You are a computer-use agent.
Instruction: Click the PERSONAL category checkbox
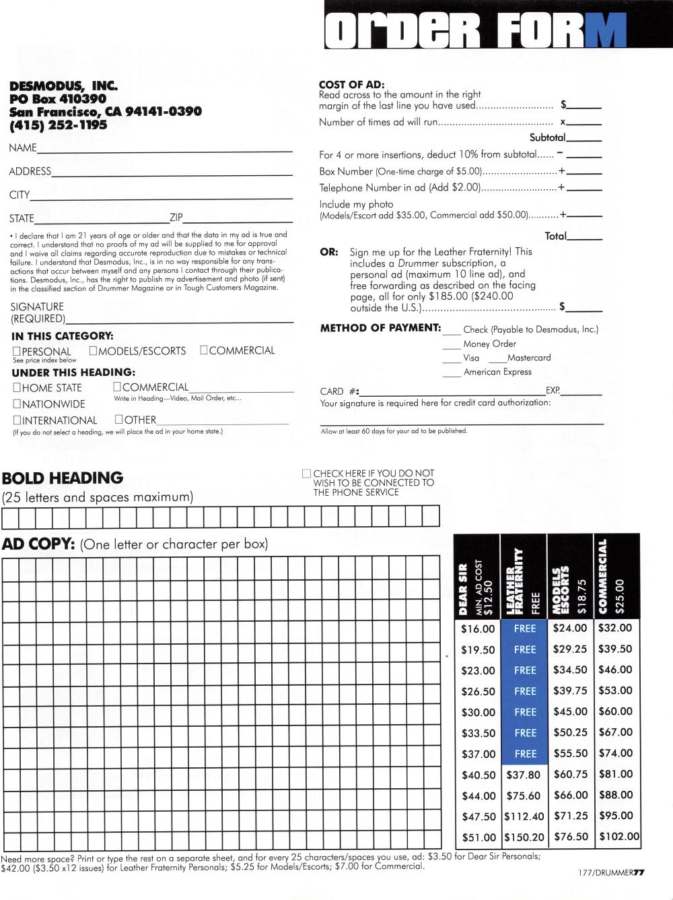tap(17, 351)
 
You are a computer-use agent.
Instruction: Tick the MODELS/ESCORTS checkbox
tap(94, 350)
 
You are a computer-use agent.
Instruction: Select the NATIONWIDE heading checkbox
tap(17, 404)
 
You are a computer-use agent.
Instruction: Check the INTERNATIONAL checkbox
tap(17, 420)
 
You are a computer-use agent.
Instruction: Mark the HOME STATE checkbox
tap(17, 387)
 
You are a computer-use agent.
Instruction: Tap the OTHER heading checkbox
tap(119, 419)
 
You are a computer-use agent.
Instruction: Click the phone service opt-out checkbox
tap(307, 474)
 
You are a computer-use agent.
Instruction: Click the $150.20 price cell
tap(524, 837)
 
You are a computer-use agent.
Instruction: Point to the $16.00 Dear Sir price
tap(478, 629)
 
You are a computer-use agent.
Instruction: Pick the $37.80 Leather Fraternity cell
tap(524, 775)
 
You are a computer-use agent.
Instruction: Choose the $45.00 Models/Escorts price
tap(570, 711)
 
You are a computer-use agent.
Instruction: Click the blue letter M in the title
tap(606, 31)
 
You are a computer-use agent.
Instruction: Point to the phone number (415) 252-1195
tap(58, 125)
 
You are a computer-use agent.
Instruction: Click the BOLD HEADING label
tap(63, 478)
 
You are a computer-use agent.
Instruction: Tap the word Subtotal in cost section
tap(546, 137)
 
